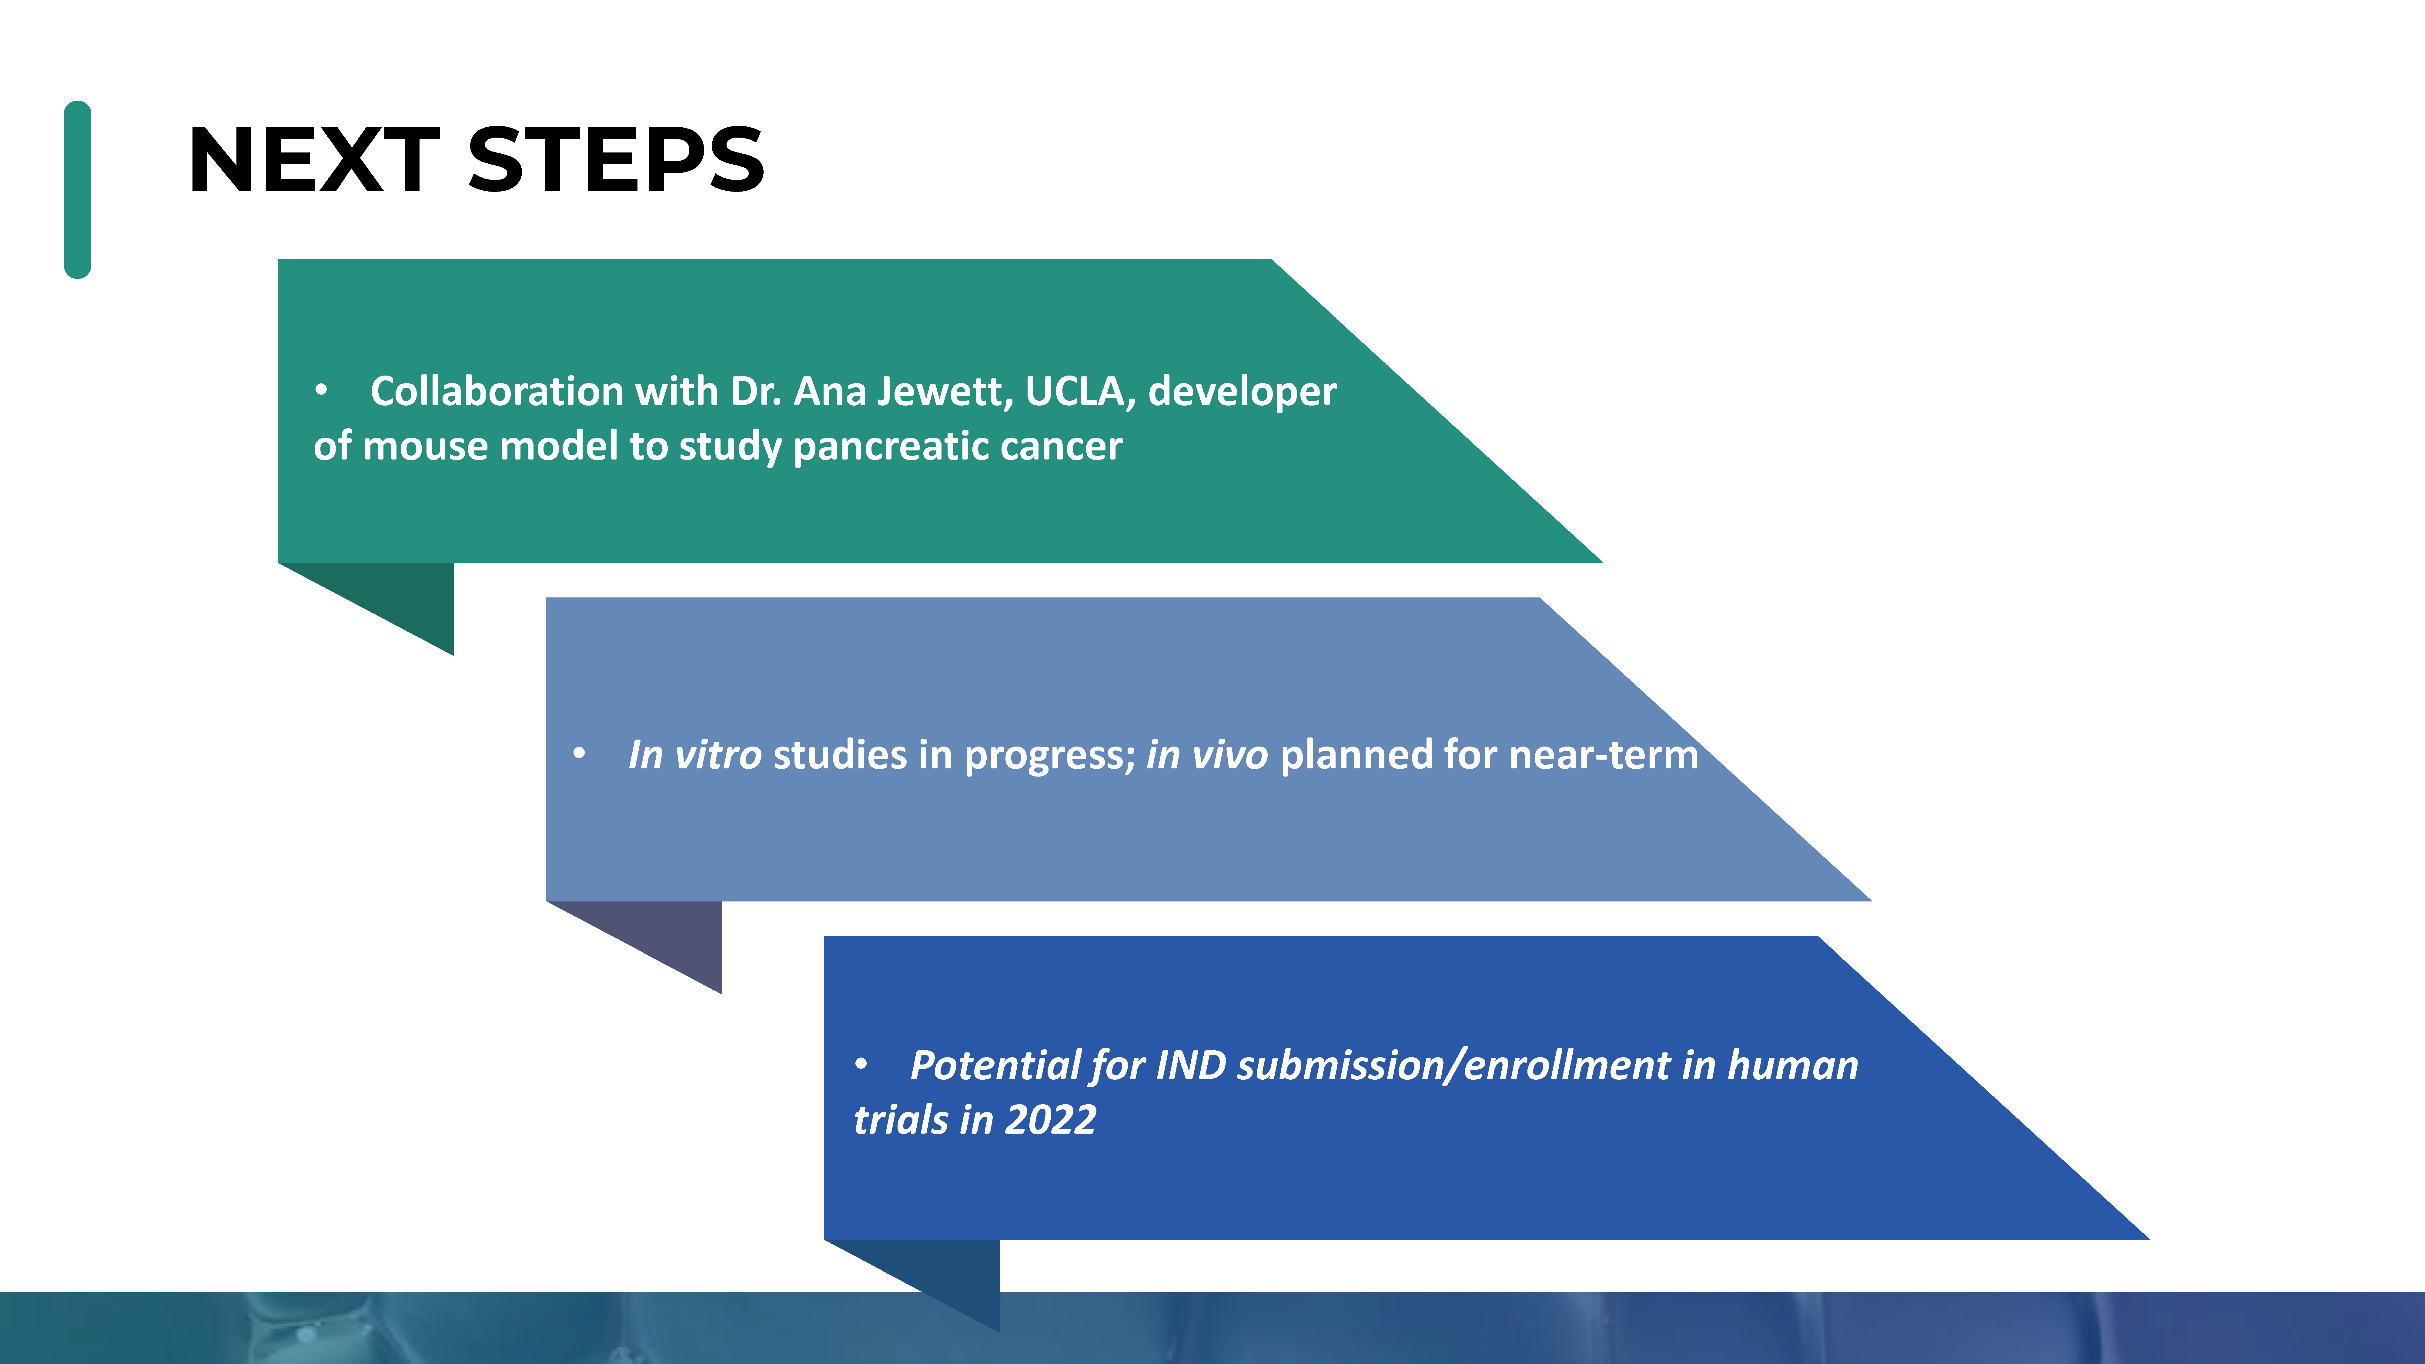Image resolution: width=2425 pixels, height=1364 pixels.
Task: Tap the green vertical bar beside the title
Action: coord(77,189)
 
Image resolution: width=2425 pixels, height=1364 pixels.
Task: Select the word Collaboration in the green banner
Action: coord(497,391)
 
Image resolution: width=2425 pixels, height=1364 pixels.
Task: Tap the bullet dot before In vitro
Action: coord(579,753)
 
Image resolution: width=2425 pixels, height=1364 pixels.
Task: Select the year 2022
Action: coord(1051,1120)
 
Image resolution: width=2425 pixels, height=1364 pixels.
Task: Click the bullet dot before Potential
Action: coord(861,1065)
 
